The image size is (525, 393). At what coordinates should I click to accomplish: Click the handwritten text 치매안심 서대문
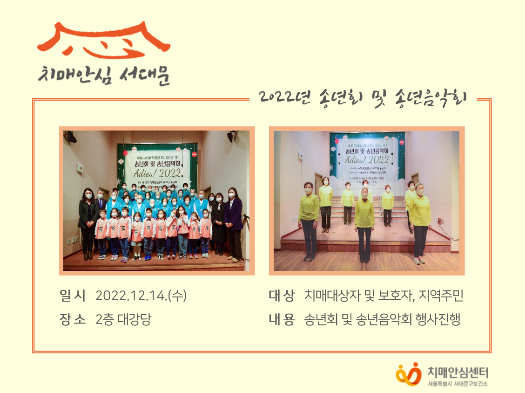(104, 75)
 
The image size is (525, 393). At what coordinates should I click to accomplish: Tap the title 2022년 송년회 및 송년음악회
(363, 97)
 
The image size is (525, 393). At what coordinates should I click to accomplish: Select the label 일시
(73, 296)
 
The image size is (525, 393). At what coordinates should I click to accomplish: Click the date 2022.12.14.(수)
(141, 296)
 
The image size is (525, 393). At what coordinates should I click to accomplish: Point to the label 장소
(73, 320)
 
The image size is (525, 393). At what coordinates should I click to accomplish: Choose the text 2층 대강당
(123, 320)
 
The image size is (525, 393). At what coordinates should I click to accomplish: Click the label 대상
(282, 296)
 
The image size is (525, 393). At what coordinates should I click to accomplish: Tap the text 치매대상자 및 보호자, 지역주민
(384, 296)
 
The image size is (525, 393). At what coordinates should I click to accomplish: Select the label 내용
(282, 320)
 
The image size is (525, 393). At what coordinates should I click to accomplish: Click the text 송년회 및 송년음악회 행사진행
(382, 320)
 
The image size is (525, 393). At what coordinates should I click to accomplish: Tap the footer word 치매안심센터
(458, 372)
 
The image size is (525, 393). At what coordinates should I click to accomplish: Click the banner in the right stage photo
(367, 159)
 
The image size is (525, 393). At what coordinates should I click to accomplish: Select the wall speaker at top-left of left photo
(71, 137)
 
